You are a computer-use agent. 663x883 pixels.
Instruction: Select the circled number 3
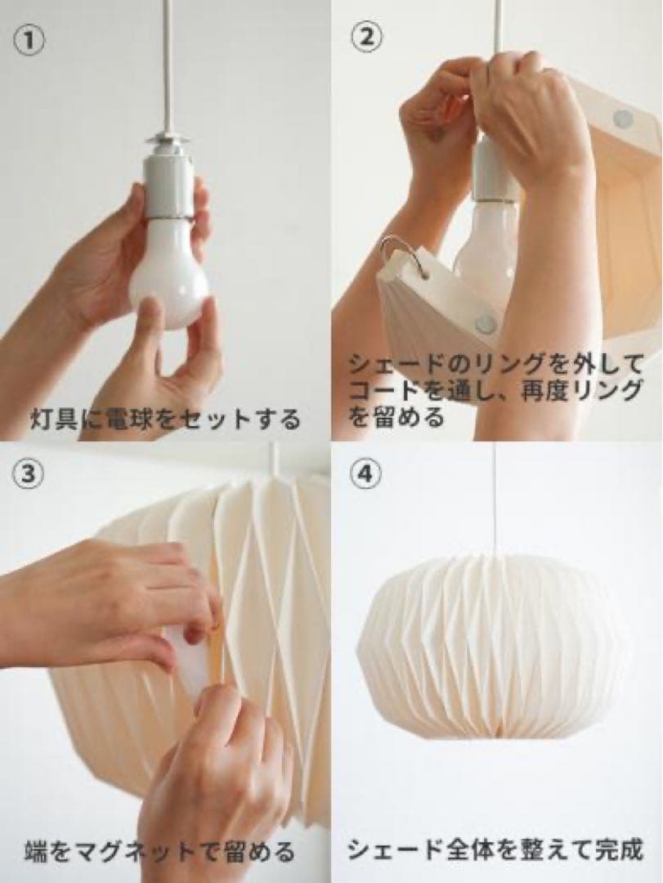pos(29,477)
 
